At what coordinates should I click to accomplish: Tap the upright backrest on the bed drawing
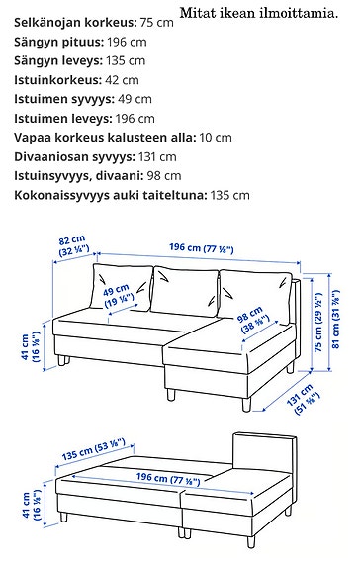(264, 454)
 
